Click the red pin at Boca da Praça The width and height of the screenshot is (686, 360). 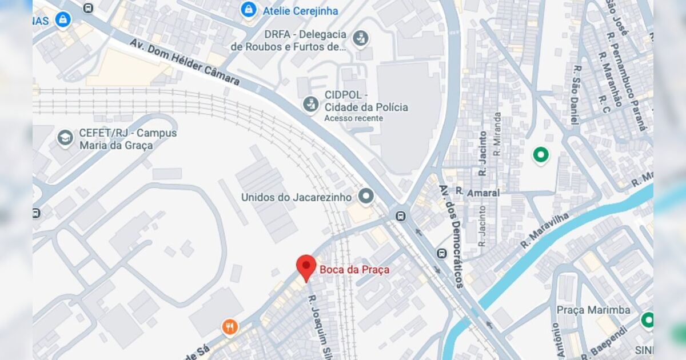click(x=306, y=266)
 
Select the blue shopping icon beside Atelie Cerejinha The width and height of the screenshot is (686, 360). click(x=249, y=10)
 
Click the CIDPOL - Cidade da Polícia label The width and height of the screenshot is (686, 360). click(x=366, y=101)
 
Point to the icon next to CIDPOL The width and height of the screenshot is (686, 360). click(x=310, y=104)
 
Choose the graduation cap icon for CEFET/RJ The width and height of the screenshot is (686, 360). click(x=65, y=138)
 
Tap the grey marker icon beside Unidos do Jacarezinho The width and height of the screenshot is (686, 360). click(x=366, y=197)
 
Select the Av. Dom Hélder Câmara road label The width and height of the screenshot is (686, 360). click(x=185, y=62)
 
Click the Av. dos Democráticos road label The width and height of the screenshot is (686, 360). click(x=452, y=235)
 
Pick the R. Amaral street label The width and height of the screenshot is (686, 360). click(x=477, y=193)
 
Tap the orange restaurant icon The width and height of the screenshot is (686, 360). click(x=230, y=327)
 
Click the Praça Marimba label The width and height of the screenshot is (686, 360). click(x=593, y=310)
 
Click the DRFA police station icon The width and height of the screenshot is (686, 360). click(x=360, y=39)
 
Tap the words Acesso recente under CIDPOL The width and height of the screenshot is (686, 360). click(x=353, y=118)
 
